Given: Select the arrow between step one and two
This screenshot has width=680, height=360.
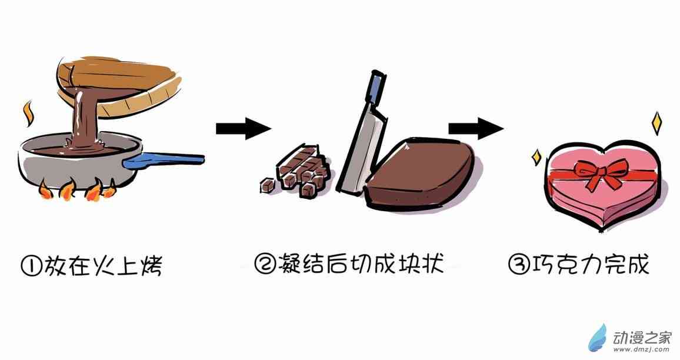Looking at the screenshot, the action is coord(244,128).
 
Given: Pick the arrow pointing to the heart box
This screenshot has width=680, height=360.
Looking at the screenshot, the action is coord(476,128).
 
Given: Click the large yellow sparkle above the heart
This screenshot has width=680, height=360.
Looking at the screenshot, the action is coord(656,123).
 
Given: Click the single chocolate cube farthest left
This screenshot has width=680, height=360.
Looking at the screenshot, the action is coord(266,186).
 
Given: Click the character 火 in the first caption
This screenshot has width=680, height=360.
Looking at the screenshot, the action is coord(103,265).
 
